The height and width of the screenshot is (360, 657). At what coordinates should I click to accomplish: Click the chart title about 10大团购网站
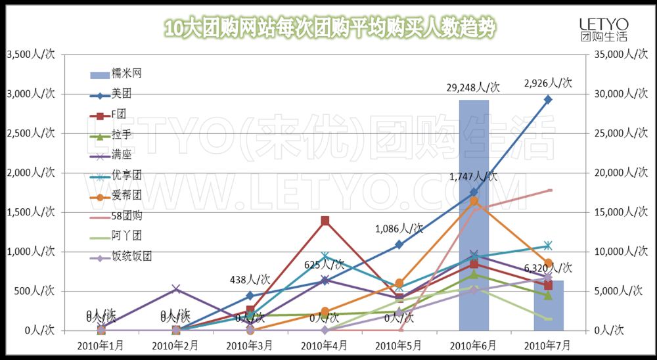(x=328, y=28)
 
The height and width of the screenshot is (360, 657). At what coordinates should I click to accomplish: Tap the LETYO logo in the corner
(x=603, y=30)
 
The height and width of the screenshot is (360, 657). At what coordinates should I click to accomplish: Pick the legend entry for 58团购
(x=126, y=215)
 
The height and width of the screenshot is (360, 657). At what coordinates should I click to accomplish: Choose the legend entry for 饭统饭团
(x=131, y=256)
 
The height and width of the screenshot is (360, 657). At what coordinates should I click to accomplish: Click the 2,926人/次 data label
(x=548, y=83)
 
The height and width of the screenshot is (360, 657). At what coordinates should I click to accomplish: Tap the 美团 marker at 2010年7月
(x=548, y=99)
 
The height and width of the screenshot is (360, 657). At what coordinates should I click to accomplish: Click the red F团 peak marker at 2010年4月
(x=325, y=221)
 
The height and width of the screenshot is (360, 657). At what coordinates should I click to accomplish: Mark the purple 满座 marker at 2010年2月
(x=175, y=289)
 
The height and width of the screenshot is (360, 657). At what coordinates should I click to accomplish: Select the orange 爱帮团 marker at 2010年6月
(x=474, y=201)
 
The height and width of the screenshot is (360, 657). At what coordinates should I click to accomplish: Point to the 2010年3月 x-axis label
(x=250, y=344)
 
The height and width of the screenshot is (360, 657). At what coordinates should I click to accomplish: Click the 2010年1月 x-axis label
(x=100, y=344)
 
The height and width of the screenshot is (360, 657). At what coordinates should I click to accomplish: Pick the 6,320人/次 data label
(x=548, y=268)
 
